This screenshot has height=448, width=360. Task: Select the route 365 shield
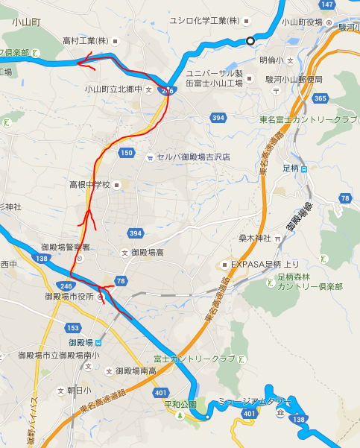[320, 98]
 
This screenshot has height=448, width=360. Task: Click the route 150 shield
[126, 153]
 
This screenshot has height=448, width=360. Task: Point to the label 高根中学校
[89, 184]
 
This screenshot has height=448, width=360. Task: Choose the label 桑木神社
[253, 239]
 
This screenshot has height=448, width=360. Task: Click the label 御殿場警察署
[66, 247]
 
